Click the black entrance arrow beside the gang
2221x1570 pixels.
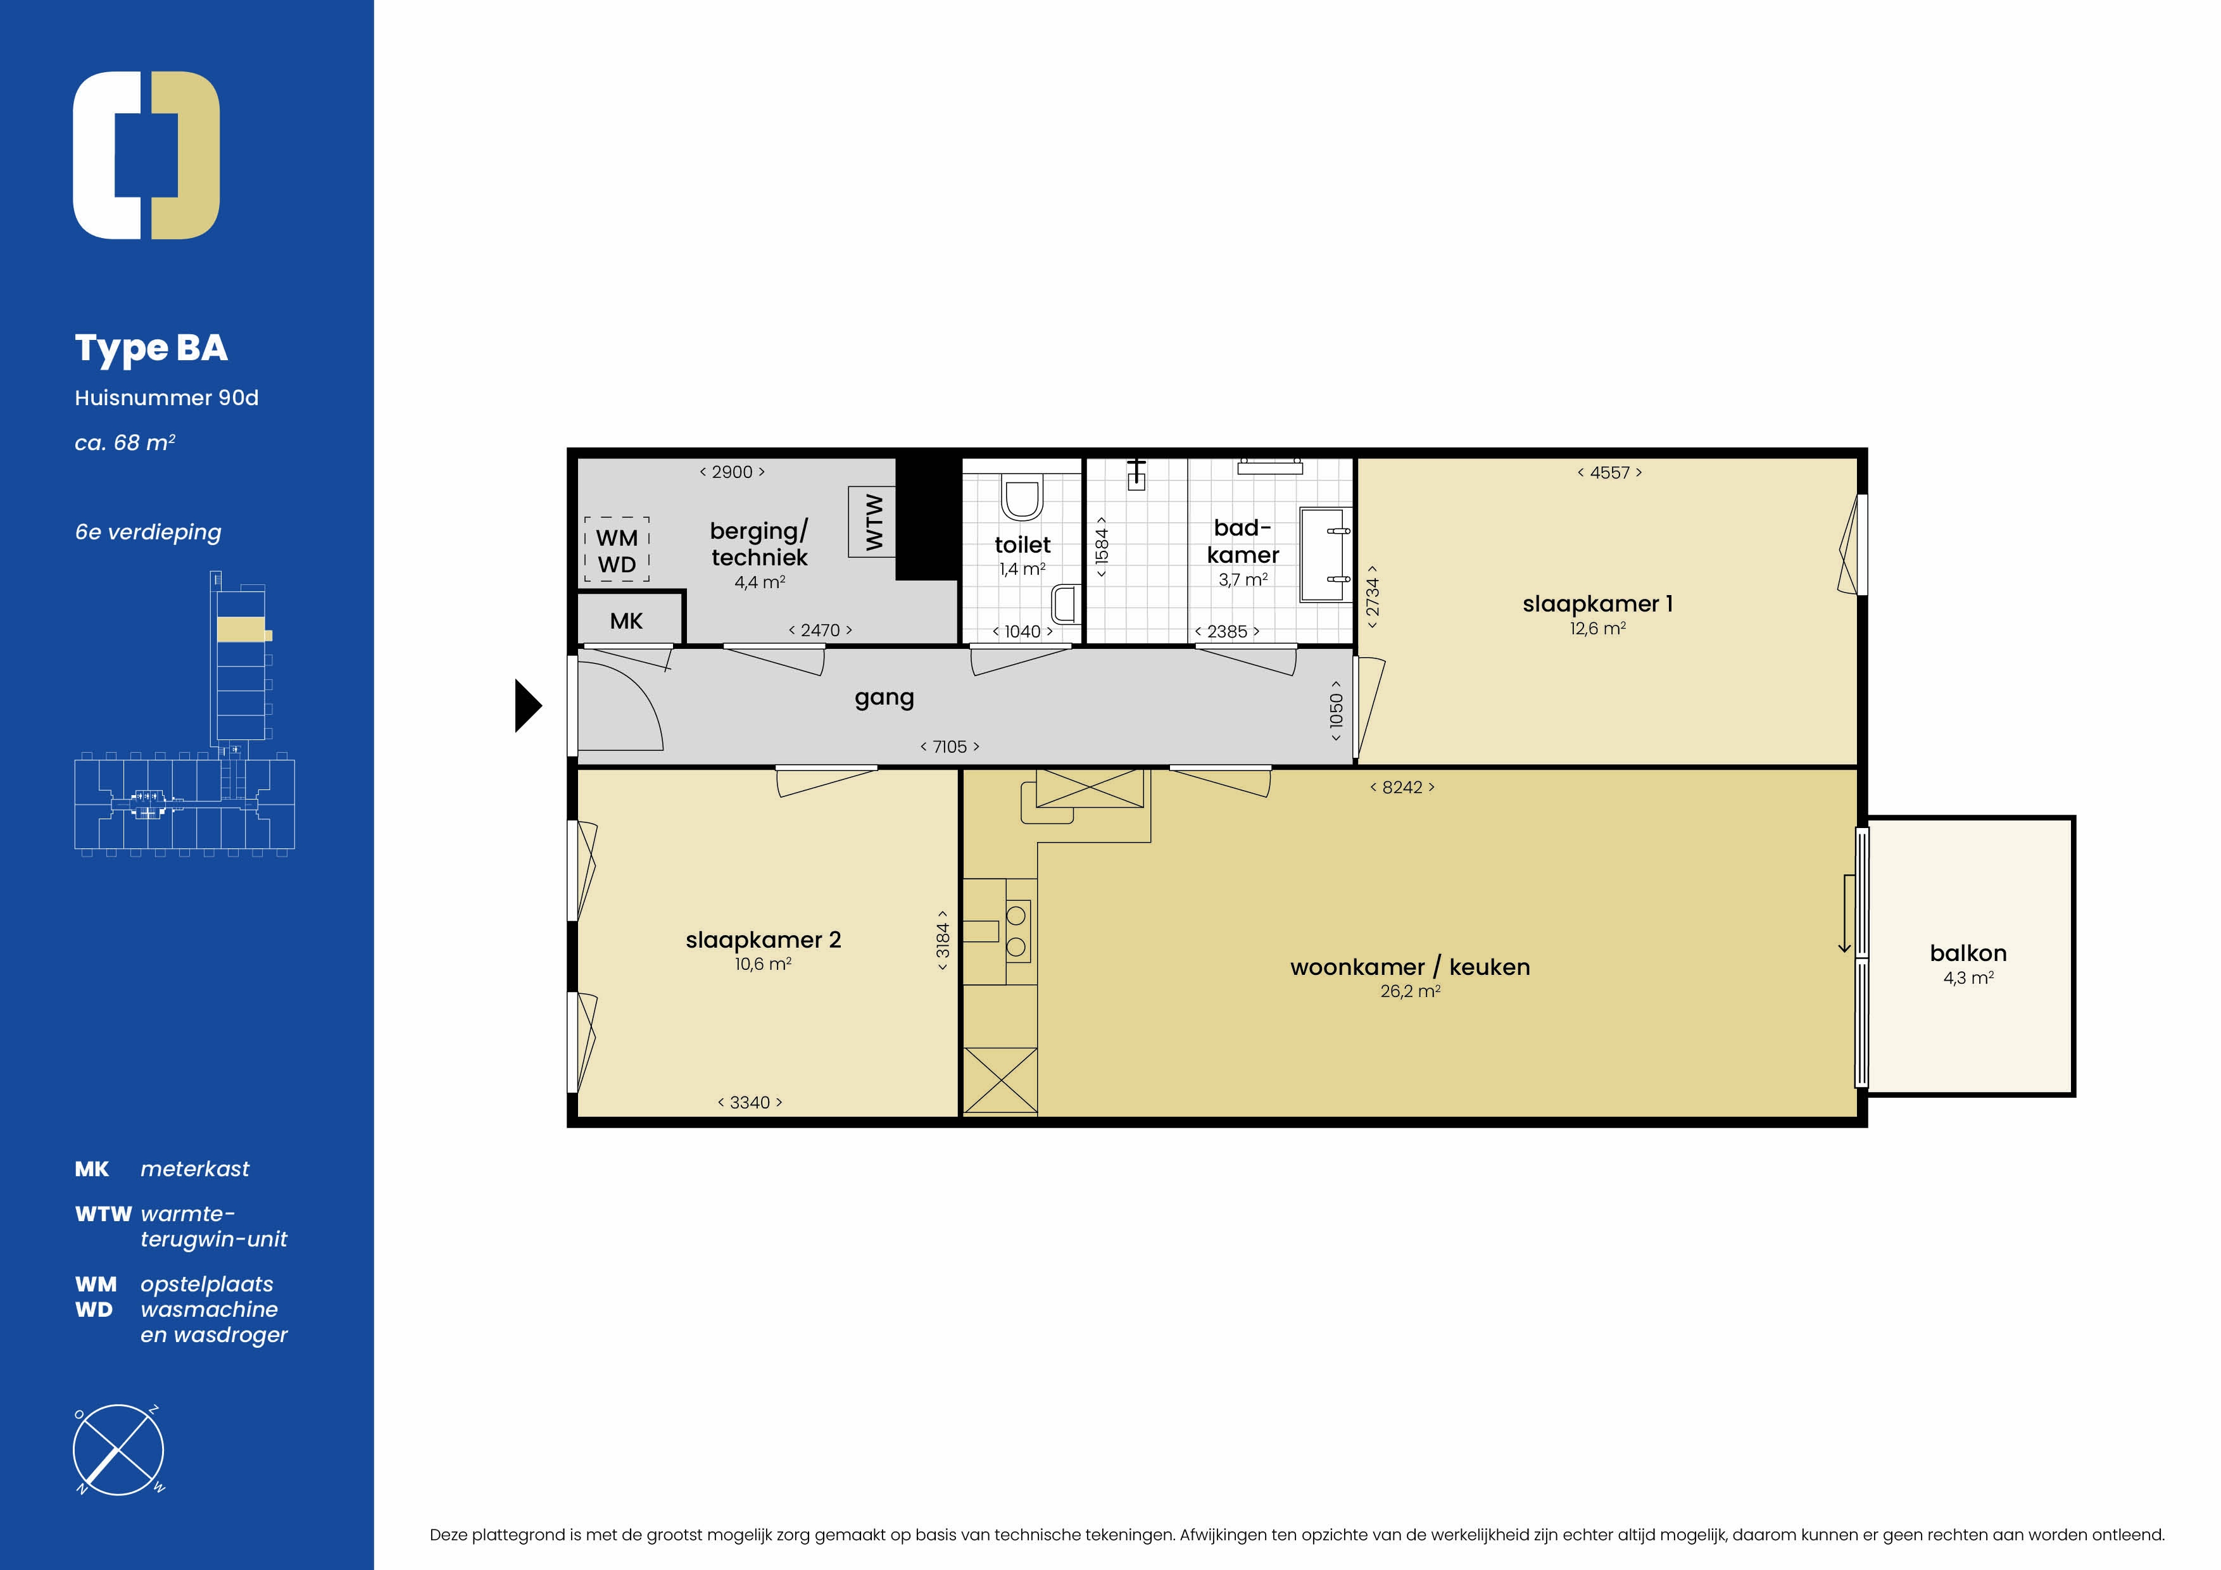coord(527,706)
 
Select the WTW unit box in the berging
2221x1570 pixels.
coord(872,522)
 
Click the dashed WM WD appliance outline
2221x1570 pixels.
coord(616,549)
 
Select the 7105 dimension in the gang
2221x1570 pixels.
coord(949,747)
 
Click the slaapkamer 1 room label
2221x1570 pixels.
coord(1597,603)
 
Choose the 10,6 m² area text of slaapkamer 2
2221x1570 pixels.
coord(762,964)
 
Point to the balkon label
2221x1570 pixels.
coord(1968,953)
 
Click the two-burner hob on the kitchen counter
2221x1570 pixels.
coord(1017,931)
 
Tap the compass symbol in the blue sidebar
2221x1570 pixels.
coord(118,1449)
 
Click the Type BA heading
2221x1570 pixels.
coord(151,348)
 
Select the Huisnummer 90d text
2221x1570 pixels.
coord(167,398)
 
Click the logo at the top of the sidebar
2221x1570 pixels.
coord(146,154)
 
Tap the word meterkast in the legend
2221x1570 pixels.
coord(194,1169)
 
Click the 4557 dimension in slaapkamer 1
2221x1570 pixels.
coord(1609,473)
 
